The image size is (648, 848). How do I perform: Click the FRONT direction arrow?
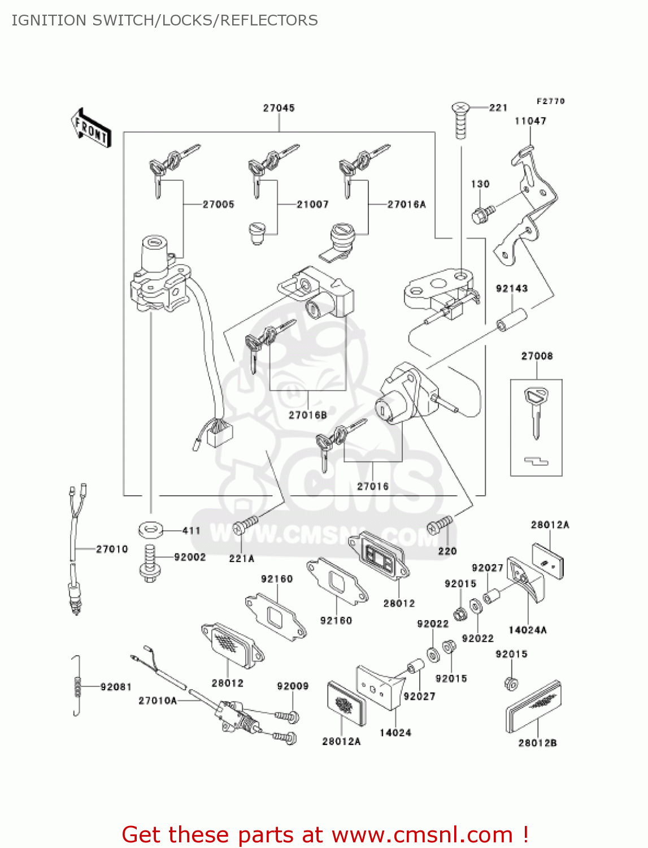(x=91, y=128)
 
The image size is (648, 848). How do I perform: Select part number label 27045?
(x=279, y=108)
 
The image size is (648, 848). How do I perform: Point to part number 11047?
(x=530, y=121)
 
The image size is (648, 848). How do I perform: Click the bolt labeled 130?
(x=482, y=214)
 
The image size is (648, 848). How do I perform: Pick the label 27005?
(x=218, y=205)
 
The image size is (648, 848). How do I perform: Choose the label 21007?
(x=312, y=205)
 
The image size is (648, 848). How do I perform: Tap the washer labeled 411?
(x=150, y=530)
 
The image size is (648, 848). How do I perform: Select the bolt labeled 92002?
(x=149, y=563)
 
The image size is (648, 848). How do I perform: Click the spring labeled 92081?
(x=77, y=686)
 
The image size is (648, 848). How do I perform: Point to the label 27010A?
(x=158, y=701)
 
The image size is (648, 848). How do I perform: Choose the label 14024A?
(x=528, y=630)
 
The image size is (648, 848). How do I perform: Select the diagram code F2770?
(x=550, y=101)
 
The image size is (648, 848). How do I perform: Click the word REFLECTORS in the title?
(x=269, y=20)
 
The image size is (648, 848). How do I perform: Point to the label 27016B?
(x=308, y=416)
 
